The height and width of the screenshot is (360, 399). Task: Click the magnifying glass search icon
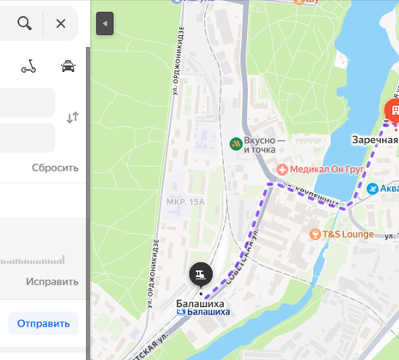pyautogui.click(x=24, y=24)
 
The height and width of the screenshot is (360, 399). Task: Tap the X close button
pyautogui.click(x=60, y=24)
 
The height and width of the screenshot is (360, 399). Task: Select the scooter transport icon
pyautogui.click(x=29, y=67)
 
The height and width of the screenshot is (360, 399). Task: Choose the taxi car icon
pyautogui.click(x=68, y=67)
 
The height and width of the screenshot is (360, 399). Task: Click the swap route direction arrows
pyautogui.click(x=73, y=117)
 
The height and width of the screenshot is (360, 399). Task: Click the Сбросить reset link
pyautogui.click(x=55, y=168)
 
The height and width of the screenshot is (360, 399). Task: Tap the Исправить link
pyautogui.click(x=51, y=281)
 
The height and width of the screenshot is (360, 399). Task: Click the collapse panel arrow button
pyautogui.click(x=105, y=24)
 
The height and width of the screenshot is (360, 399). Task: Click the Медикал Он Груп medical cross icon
pyautogui.click(x=282, y=169)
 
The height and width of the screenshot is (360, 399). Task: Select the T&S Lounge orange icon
pyautogui.click(x=315, y=233)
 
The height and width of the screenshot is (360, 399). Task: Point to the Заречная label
pyautogui.click(x=375, y=140)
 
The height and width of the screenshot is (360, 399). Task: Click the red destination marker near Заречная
pyautogui.click(x=392, y=109)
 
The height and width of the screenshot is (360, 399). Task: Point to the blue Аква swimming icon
pyautogui.click(x=372, y=189)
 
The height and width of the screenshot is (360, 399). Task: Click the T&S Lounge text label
pyautogui.click(x=349, y=233)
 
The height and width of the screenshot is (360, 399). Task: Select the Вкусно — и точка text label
pyautogui.click(x=264, y=144)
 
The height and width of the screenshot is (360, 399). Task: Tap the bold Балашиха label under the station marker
pyautogui.click(x=200, y=302)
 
